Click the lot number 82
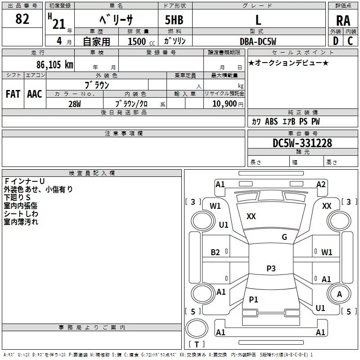coord(22,19)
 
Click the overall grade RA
coord(343,21)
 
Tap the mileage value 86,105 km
coord(55,64)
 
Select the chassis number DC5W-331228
coord(302,143)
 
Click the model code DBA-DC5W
coord(258,41)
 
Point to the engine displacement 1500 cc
coord(141,41)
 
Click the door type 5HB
coord(174,20)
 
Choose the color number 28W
coord(75,104)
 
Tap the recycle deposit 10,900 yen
coord(228,104)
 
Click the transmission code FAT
coord(13,94)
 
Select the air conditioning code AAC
coord(35,94)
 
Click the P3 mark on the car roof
coord(271,268)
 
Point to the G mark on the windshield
coord(284,237)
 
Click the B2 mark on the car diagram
coord(215,252)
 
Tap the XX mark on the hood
coord(251,216)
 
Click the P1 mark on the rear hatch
coord(253,299)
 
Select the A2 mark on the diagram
coord(321,184)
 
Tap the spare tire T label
coord(197,344)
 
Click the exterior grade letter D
coord(336,41)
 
